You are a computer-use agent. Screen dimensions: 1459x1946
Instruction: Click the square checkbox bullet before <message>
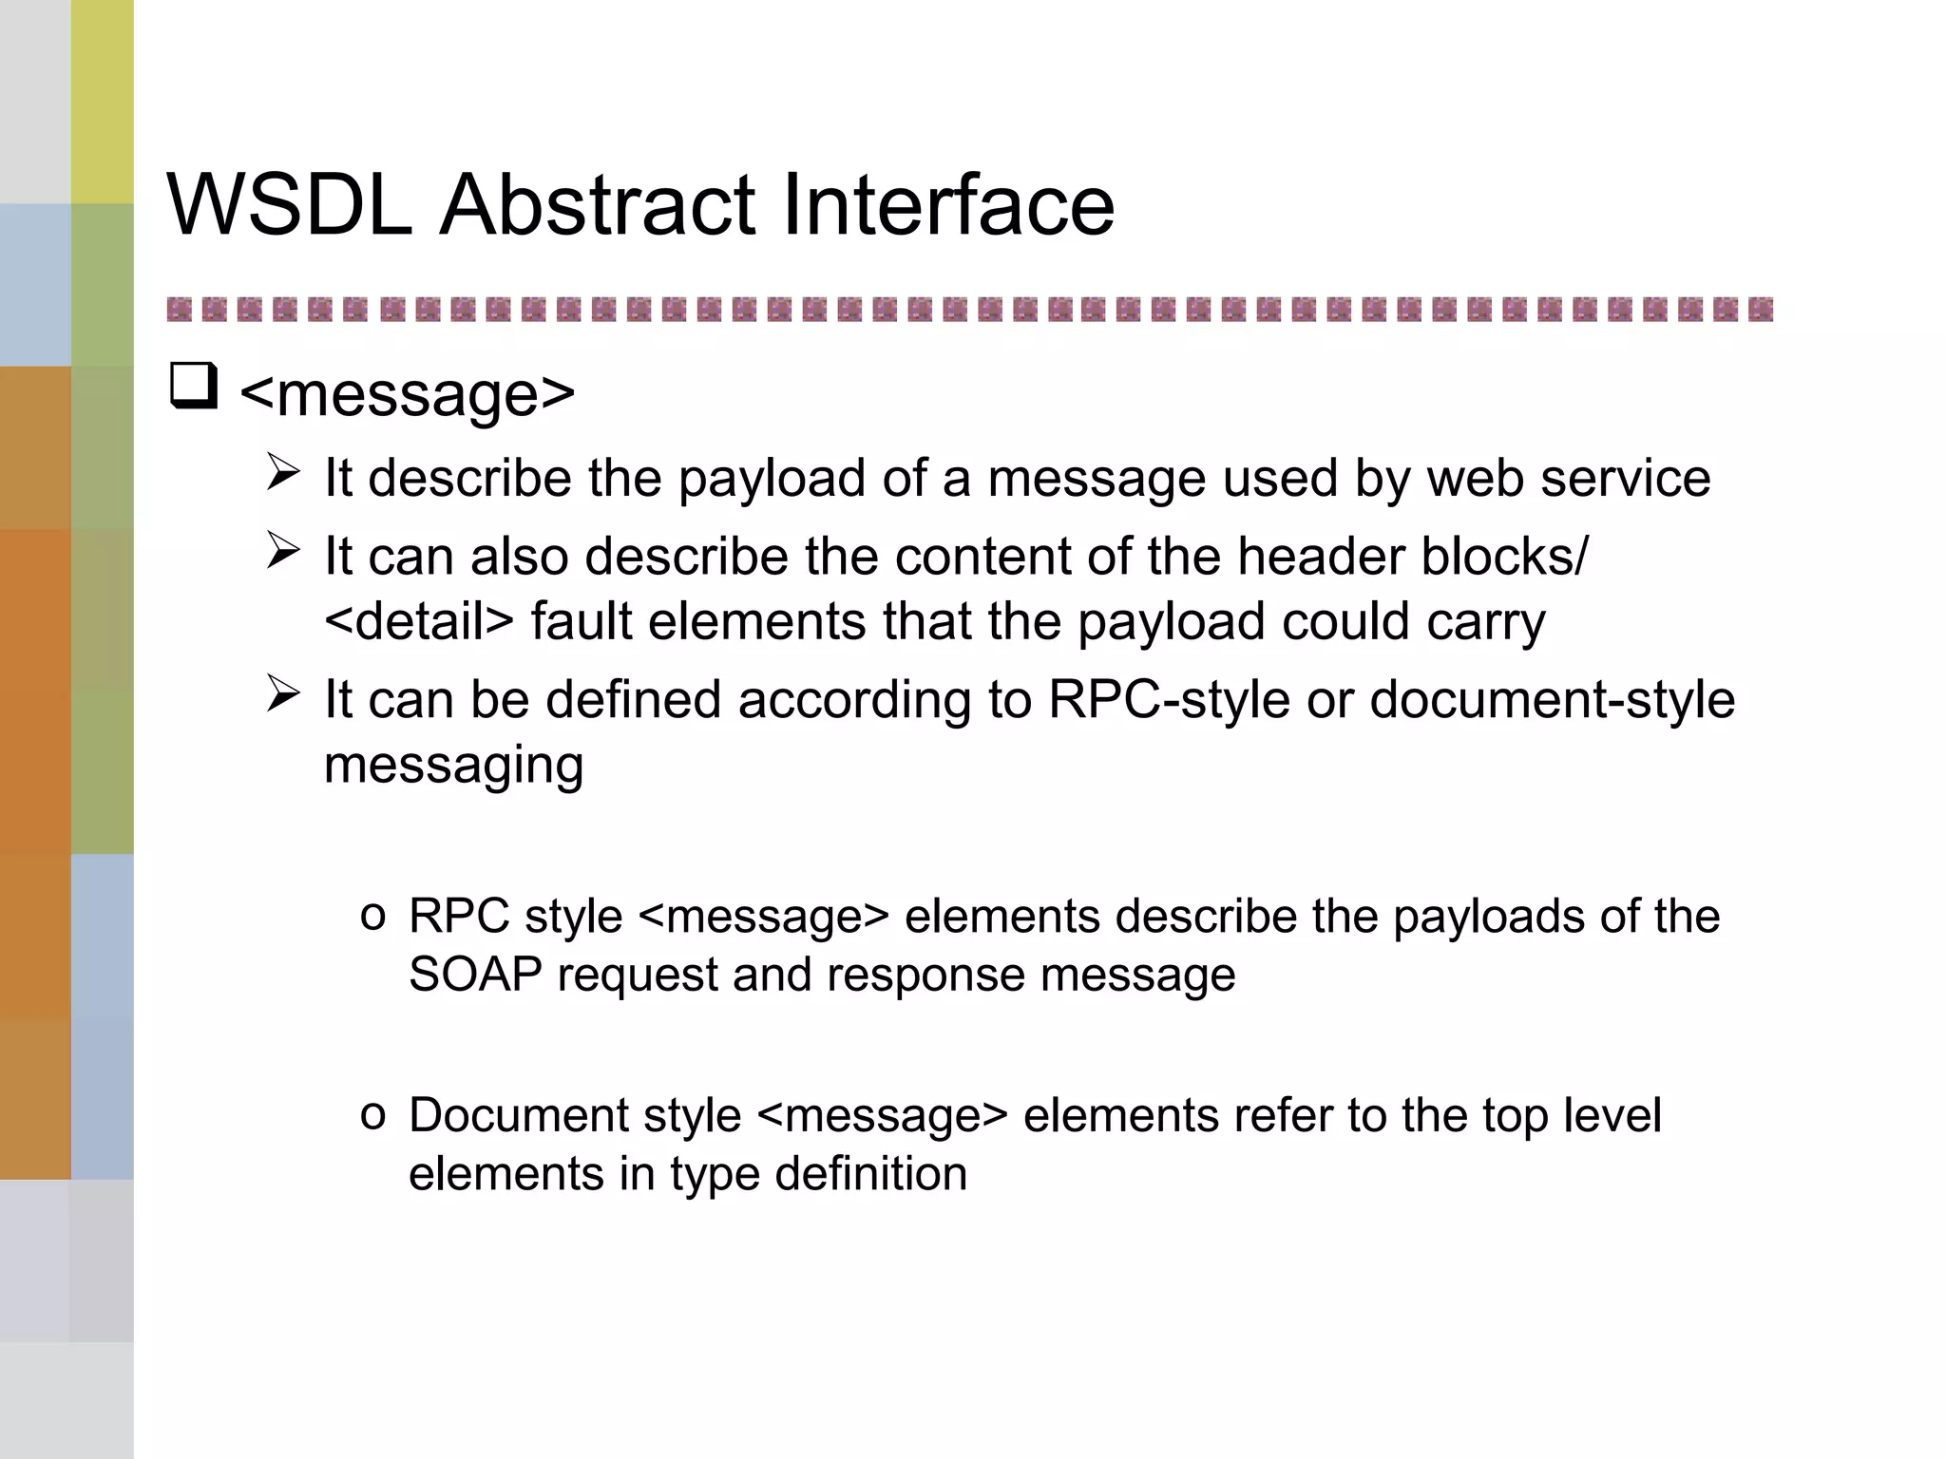[194, 387]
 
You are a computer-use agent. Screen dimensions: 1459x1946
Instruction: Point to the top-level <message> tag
[408, 393]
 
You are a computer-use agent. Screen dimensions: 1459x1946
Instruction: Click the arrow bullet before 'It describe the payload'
[283, 472]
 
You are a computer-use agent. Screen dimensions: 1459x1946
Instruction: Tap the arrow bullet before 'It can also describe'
[283, 550]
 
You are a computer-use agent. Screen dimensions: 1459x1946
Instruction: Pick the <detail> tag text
[418, 621]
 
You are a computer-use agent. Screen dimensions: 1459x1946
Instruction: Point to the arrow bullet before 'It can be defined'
[283, 693]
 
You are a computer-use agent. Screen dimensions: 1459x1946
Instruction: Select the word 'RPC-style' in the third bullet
[1169, 700]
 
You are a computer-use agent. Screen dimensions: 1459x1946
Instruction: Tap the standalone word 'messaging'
[453, 766]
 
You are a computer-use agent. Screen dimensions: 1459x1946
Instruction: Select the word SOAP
[475, 975]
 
